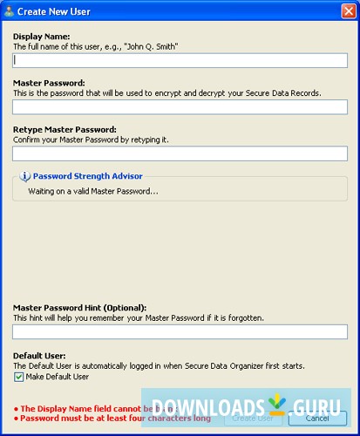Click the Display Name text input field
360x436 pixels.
(x=180, y=61)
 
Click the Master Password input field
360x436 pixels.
(x=180, y=107)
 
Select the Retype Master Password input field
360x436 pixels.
(x=180, y=153)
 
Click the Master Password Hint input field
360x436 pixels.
(x=180, y=331)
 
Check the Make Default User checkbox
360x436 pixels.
(x=19, y=378)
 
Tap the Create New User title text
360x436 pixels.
(x=51, y=10)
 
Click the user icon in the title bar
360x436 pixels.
(x=9, y=10)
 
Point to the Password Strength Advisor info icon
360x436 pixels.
(x=25, y=176)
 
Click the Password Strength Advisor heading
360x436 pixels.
(x=87, y=176)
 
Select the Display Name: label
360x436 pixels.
(x=42, y=36)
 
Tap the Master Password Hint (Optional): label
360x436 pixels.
(x=79, y=307)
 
